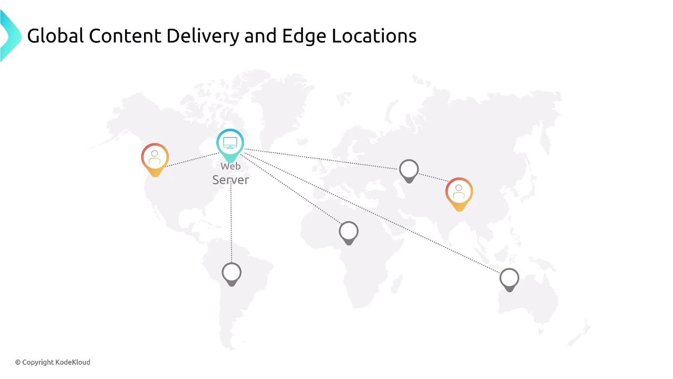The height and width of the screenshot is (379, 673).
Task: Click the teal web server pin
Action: point(230,145)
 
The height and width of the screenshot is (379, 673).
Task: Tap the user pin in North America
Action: point(155,159)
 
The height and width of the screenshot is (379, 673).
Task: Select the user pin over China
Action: point(459,194)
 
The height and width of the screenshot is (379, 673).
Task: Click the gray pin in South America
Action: point(232,274)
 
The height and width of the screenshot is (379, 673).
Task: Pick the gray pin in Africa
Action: point(349,233)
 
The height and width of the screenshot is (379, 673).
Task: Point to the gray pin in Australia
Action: point(509,280)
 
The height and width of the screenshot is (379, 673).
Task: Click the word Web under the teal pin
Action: point(230,166)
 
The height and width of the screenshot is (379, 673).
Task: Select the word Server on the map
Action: point(230,180)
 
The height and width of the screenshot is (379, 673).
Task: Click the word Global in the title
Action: point(55,36)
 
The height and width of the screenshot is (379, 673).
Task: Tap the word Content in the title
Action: point(125,36)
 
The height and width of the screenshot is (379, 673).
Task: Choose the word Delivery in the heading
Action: point(203,37)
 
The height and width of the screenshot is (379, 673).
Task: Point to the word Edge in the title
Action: point(304,37)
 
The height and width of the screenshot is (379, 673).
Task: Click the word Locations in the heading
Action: point(374,36)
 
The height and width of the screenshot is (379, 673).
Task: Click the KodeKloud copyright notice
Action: point(53,362)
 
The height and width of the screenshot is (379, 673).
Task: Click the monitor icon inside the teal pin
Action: point(230,143)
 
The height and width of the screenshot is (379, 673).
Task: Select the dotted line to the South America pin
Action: point(231,223)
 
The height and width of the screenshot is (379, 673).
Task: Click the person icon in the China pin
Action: point(459,192)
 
